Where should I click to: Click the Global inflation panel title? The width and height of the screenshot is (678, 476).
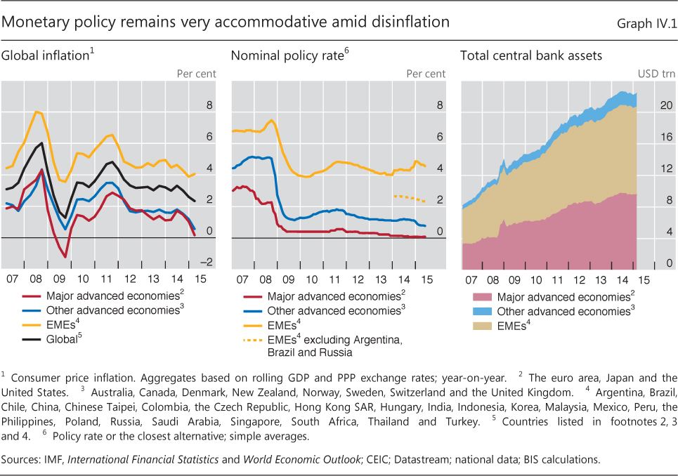[46, 55]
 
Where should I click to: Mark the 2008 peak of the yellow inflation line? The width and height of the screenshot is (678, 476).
[37, 112]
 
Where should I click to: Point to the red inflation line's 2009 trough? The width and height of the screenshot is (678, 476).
[65, 257]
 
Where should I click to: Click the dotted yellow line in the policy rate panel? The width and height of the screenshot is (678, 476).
[409, 197]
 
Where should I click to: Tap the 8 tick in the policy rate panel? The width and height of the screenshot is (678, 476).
[440, 105]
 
